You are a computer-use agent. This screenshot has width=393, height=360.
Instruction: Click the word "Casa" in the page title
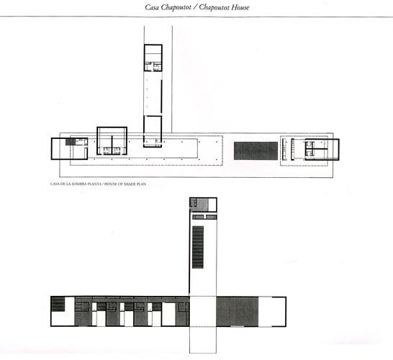(152, 7)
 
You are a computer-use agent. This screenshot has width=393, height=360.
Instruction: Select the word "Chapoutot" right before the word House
(214, 7)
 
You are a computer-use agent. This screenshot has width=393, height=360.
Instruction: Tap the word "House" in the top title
(240, 7)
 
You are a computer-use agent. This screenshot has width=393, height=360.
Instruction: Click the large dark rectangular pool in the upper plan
(256, 150)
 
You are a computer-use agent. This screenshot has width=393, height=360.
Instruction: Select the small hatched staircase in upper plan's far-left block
(71, 142)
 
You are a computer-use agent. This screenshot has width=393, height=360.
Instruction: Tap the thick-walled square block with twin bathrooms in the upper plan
(112, 141)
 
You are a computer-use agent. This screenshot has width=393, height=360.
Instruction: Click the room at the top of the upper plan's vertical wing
(153, 58)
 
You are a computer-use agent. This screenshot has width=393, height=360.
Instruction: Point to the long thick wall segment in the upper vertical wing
(161, 96)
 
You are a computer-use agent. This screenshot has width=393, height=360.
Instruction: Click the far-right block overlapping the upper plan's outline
(322, 149)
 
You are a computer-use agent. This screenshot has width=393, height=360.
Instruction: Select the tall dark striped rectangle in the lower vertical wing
(198, 247)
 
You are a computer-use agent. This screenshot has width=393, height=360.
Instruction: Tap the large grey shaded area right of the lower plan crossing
(237, 311)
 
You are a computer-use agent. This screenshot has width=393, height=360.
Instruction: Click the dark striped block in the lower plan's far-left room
(58, 304)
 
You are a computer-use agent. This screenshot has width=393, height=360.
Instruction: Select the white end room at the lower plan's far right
(272, 312)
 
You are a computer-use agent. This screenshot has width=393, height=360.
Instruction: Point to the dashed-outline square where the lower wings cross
(202, 311)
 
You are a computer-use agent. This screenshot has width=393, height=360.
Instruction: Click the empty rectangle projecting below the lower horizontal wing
(203, 340)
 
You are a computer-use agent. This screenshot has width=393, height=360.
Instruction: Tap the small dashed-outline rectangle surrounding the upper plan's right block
(304, 150)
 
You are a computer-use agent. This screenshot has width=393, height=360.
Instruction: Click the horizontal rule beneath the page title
(196, 17)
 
